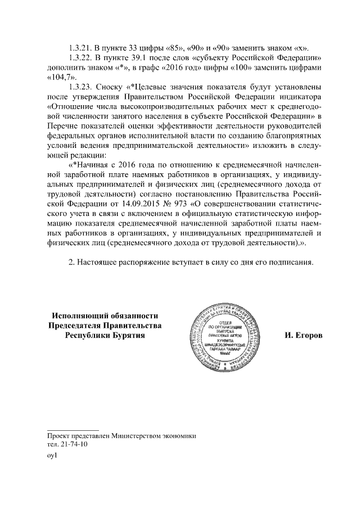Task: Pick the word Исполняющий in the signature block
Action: tap(76, 315)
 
